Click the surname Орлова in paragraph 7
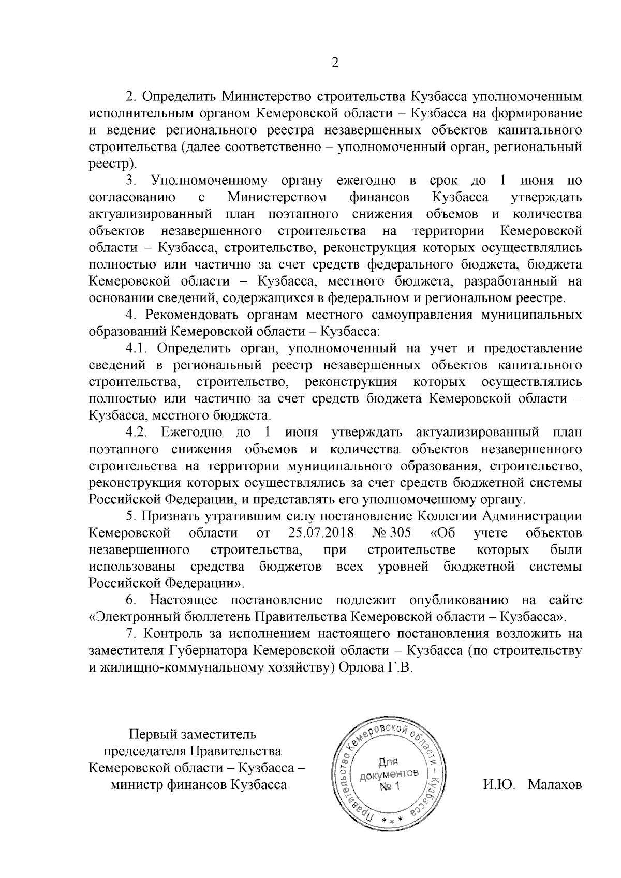359,667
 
